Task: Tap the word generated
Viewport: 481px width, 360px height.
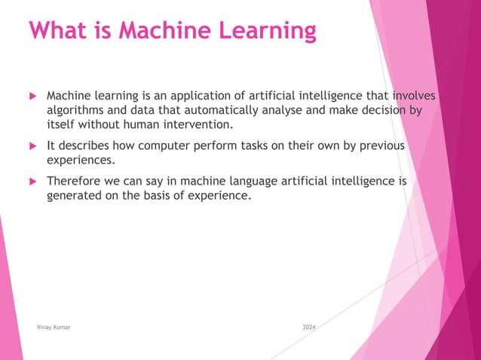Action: coord(76,195)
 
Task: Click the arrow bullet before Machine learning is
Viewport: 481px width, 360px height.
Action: coord(32,97)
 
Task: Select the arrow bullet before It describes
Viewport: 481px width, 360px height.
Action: coord(32,146)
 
